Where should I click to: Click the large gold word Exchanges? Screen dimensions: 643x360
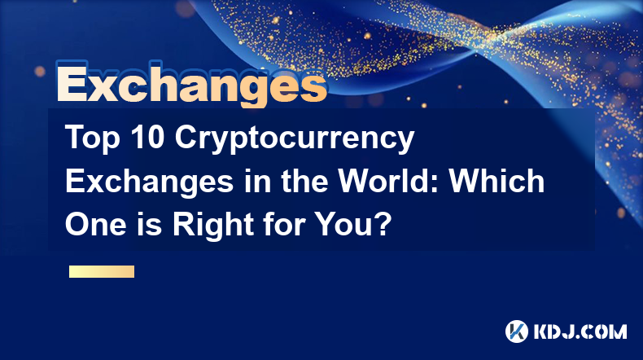pyautogui.click(x=191, y=84)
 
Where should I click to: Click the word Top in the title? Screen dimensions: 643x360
pyautogui.click(x=92, y=138)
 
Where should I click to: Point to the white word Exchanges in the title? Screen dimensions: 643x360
pyautogui.click(x=150, y=182)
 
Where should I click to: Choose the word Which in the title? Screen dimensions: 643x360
pyautogui.click(x=496, y=181)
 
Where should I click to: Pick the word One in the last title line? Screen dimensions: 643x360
pyautogui.click(x=95, y=225)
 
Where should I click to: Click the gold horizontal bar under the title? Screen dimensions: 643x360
pyautogui.click(x=102, y=271)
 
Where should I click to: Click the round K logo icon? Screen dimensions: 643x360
pyautogui.click(x=517, y=331)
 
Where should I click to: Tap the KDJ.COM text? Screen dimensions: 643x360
pyautogui.click(x=580, y=331)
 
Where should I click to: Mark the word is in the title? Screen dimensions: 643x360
pyautogui.click(x=150, y=225)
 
